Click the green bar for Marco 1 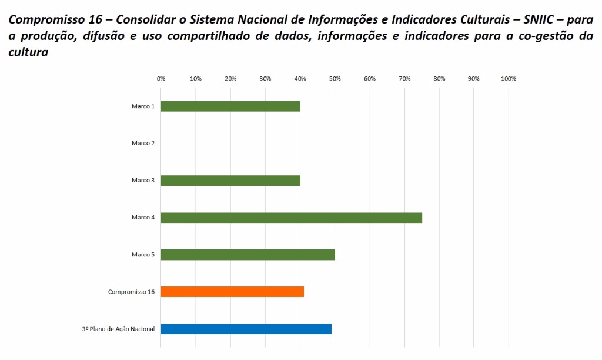[x=230, y=106]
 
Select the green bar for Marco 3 [x=230, y=181]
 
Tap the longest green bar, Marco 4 [x=291, y=218]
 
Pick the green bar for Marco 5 [x=248, y=255]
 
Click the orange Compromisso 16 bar [x=232, y=292]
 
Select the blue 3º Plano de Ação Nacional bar [x=246, y=329]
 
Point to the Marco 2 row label [x=143, y=144]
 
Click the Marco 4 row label [x=143, y=218]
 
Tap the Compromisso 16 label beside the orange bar [x=131, y=292]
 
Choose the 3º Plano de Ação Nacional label [x=118, y=329]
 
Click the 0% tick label [x=161, y=79]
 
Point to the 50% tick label [x=335, y=79]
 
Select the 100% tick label [x=509, y=79]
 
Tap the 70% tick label [x=404, y=79]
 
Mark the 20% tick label [x=230, y=79]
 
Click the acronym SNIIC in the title [x=539, y=19]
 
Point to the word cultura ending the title [x=28, y=52]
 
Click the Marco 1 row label [x=143, y=106]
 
